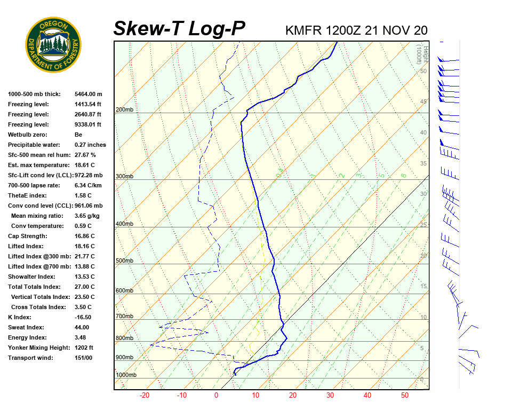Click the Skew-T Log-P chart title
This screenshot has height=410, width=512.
pos(179,29)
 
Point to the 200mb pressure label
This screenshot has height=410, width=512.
pos(124,110)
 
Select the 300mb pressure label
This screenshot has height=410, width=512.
pos(124,176)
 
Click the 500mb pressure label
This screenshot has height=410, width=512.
pos(124,261)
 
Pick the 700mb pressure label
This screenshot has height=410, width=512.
pos(124,317)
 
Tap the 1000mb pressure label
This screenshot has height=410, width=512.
pos(126,375)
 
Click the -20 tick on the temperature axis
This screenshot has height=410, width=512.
pos(144,396)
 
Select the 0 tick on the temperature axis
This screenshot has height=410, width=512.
pos(216,396)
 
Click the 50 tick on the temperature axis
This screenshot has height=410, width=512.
pos(405,396)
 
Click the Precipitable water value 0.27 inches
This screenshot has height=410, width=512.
pos(90,145)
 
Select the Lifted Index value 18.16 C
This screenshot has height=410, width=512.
pos(84,246)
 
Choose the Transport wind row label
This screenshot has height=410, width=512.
pos(30,358)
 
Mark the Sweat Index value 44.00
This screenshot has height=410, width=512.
pos(82,327)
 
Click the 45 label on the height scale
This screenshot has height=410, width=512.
pos(423,101)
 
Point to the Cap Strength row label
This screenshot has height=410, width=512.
pos(28,236)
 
